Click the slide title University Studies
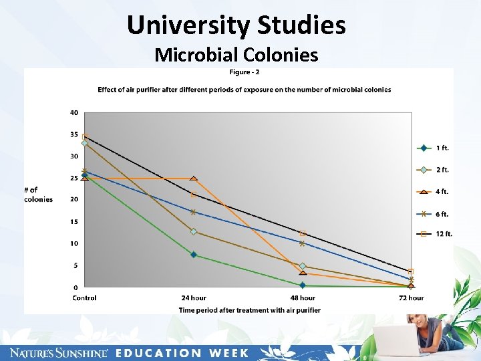(x=236, y=25)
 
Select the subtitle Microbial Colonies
(x=236, y=54)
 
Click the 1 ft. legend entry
(x=434, y=148)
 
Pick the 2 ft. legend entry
(x=434, y=170)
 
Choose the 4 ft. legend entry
(x=434, y=192)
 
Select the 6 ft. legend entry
(x=434, y=214)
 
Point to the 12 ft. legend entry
(x=434, y=233)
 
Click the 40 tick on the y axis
(x=73, y=112)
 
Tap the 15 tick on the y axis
(x=73, y=221)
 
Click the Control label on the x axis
(x=84, y=298)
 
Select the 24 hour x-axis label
(x=194, y=298)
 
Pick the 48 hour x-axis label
(x=303, y=298)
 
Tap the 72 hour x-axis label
(x=411, y=298)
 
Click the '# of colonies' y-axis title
(x=38, y=195)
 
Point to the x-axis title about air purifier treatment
(x=249, y=310)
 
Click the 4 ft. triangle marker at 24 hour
(x=194, y=178)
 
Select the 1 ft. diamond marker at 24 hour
(x=194, y=255)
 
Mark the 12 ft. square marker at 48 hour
(x=303, y=233)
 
